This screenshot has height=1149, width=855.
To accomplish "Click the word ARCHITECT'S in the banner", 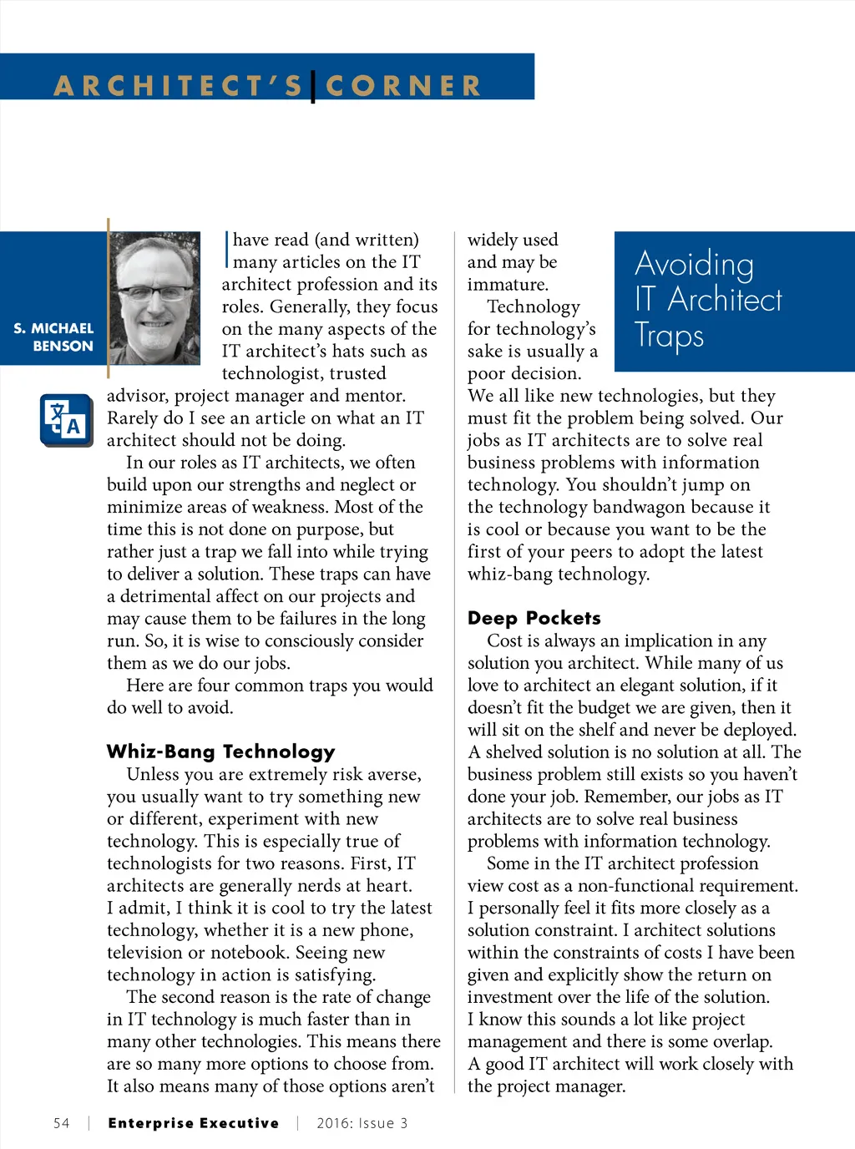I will pyautogui.click(x=179, y=86).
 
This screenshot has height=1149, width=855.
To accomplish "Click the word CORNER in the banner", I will pyautogui.click(x=403, y=86).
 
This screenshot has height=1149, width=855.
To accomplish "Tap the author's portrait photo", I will pyautogui.click(x=154, y=298).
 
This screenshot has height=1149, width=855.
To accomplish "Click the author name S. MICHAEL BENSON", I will pyautogui.click(x=53, y=337).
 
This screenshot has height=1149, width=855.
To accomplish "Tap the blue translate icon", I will pyautogui.click(x=67, y=420).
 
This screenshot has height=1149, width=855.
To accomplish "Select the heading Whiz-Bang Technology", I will pyautogui.click(x=220, y=752).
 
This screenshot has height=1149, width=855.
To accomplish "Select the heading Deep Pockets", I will pyautogui.click(x=534, y=618).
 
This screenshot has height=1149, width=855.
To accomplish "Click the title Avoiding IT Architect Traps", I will pyautogui.click(x=708, y=299).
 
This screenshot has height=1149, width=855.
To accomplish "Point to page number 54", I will pyautogui.click(x=62, y=1123).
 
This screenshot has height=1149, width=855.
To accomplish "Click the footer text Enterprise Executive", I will pyautogui.click(x=194, y=1123).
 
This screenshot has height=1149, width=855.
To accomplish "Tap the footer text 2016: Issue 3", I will pyautogui.click(x=362, y=1123).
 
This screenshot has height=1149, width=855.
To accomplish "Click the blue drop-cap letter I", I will pyautogui.click(x=226, y=250).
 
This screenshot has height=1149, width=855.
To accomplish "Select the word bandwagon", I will pyautogui.click(x=645, y=507).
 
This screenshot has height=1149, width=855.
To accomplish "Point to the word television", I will pyautogui.click(x=148, y=953).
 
